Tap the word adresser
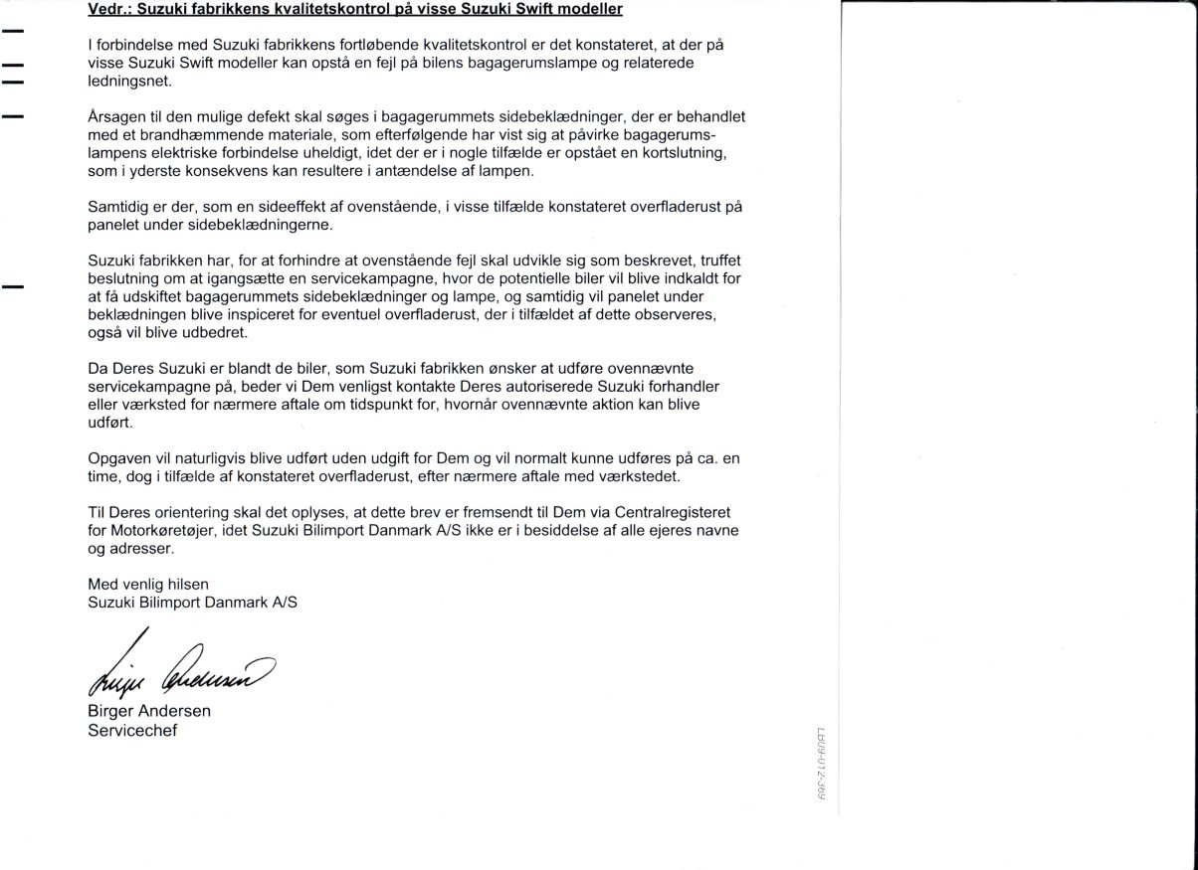(x=144, y=547)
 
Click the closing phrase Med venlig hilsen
(x=148, y=583)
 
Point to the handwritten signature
(x=179, y=672)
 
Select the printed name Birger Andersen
(x=149, y=712)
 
